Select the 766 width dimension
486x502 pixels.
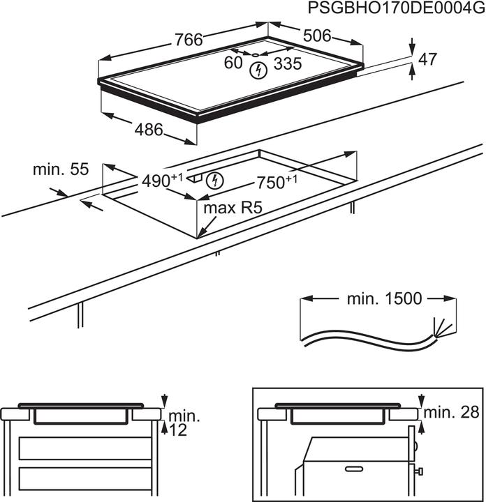click(189, 40)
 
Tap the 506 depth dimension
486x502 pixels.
click(316, 36)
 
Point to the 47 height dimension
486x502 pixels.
click(427, 60)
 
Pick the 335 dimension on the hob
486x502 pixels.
click(288, 64)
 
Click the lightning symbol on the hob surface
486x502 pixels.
click(260, 70)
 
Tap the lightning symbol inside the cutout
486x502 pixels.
click(216, 181)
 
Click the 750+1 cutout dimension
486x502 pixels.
click(277, 183)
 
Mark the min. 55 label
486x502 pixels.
click(61, 169)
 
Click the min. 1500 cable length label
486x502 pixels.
click(384, 299)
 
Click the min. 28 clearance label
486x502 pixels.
click(453, 412)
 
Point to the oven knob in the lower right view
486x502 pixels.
click(421, 473)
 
